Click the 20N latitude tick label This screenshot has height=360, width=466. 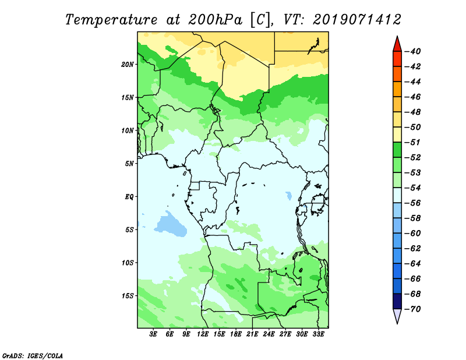coord(128,65)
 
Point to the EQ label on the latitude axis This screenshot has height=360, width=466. coord(129,197)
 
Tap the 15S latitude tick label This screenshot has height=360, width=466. coord(128,296)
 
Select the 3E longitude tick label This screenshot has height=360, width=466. coord(153,334)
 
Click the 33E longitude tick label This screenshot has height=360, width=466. coord(318,334)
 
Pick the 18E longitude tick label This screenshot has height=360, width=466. coord(236,334)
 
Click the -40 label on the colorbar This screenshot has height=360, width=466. coord(412,51)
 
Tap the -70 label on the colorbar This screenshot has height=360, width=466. coord(412,309)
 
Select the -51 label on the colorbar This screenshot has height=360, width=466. coord(412,142)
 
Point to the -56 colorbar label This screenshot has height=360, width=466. coord(412,203)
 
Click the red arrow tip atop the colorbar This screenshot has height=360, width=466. coord(397,37)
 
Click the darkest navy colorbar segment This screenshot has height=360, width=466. coord(397,301)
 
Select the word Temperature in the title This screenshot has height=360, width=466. coord(111,20)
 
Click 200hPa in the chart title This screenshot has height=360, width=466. coord(215,20)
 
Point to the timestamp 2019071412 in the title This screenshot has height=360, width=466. coord(357,20)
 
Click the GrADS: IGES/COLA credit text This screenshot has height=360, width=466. coord(33,356)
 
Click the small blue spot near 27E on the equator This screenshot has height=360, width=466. coord(288,195)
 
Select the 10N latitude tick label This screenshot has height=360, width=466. coord(128,130)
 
